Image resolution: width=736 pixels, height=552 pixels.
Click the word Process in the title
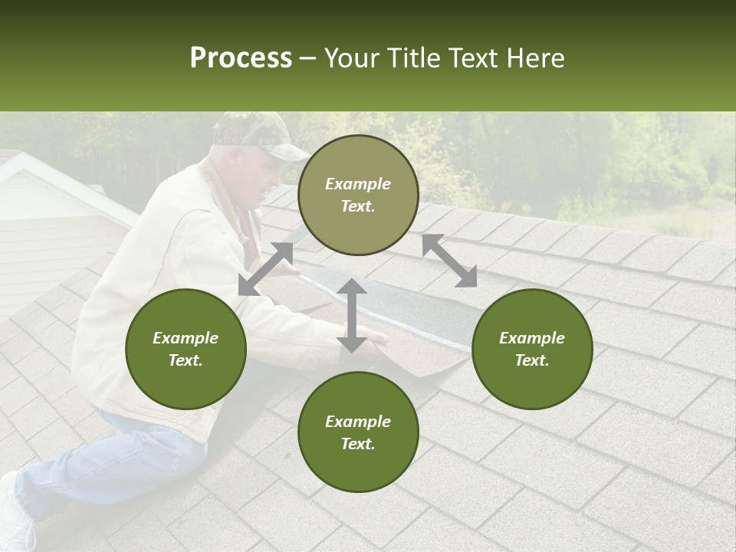241,58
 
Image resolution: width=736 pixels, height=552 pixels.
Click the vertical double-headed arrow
352,315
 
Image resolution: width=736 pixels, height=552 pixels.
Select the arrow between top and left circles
266,269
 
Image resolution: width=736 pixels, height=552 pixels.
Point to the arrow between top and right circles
449,261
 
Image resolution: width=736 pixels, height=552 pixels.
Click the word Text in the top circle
357,206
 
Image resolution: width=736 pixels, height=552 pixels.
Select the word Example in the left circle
186,338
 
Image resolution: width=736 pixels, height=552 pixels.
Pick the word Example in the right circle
532,338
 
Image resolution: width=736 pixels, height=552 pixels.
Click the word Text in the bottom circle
357,444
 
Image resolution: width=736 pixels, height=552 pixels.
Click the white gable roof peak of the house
23,158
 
